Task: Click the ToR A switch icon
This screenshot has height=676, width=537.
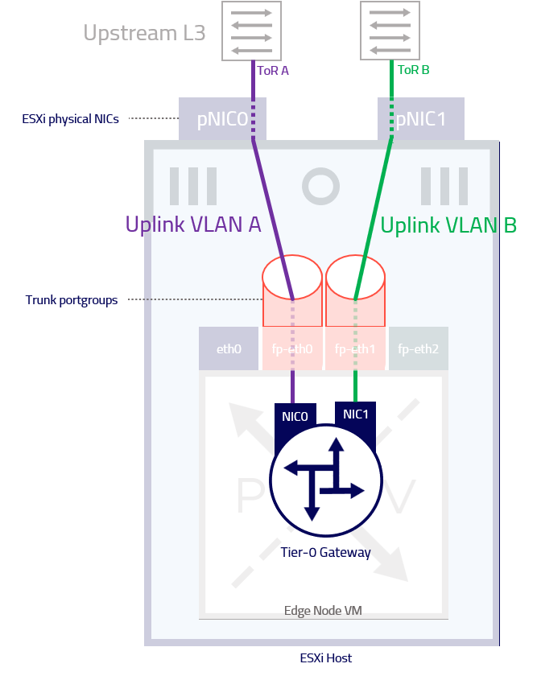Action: [x=251, y=31]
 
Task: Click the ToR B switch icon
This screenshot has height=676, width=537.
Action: [x=390, y=31]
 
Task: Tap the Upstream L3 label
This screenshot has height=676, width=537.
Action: [x=144, y=33]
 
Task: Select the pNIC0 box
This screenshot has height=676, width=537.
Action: [x=222, y=118]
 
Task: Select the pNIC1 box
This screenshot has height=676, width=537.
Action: [x=421, y=118]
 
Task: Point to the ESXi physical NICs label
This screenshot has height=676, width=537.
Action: [x=70, y=119]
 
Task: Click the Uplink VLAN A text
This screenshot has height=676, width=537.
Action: [x=193, y=225]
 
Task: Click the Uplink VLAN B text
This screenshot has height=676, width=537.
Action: [x=448, y=225]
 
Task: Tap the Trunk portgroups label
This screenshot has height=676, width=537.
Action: [x=72, y=300]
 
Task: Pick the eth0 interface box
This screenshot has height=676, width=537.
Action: [x=229, y=348]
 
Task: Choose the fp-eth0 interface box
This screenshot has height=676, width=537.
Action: [x=292, y=348]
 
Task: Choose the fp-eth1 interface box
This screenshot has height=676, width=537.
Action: [x=355, y=348]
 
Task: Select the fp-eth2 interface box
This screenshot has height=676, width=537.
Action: [x=419, y=348]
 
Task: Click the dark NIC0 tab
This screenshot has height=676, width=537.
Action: [x=295, y=417]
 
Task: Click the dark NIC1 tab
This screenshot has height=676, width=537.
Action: [x=355, y=414]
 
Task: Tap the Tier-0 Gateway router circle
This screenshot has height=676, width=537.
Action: [x=325, y=480]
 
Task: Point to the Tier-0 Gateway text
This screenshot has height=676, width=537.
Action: [x=325, y=552]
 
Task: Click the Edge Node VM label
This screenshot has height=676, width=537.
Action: [x=323, y=611]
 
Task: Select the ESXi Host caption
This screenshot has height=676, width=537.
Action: [x=325, y=658]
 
